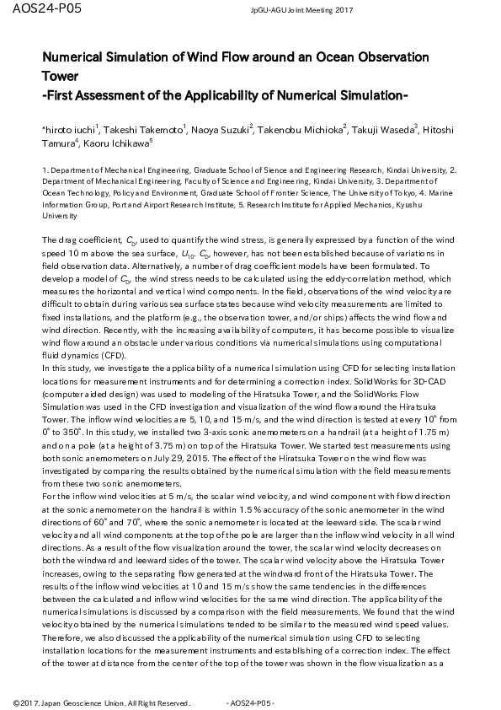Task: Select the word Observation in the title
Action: click(389, 57)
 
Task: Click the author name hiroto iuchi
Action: click(70, 131)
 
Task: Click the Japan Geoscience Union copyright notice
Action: click(102, 702)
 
